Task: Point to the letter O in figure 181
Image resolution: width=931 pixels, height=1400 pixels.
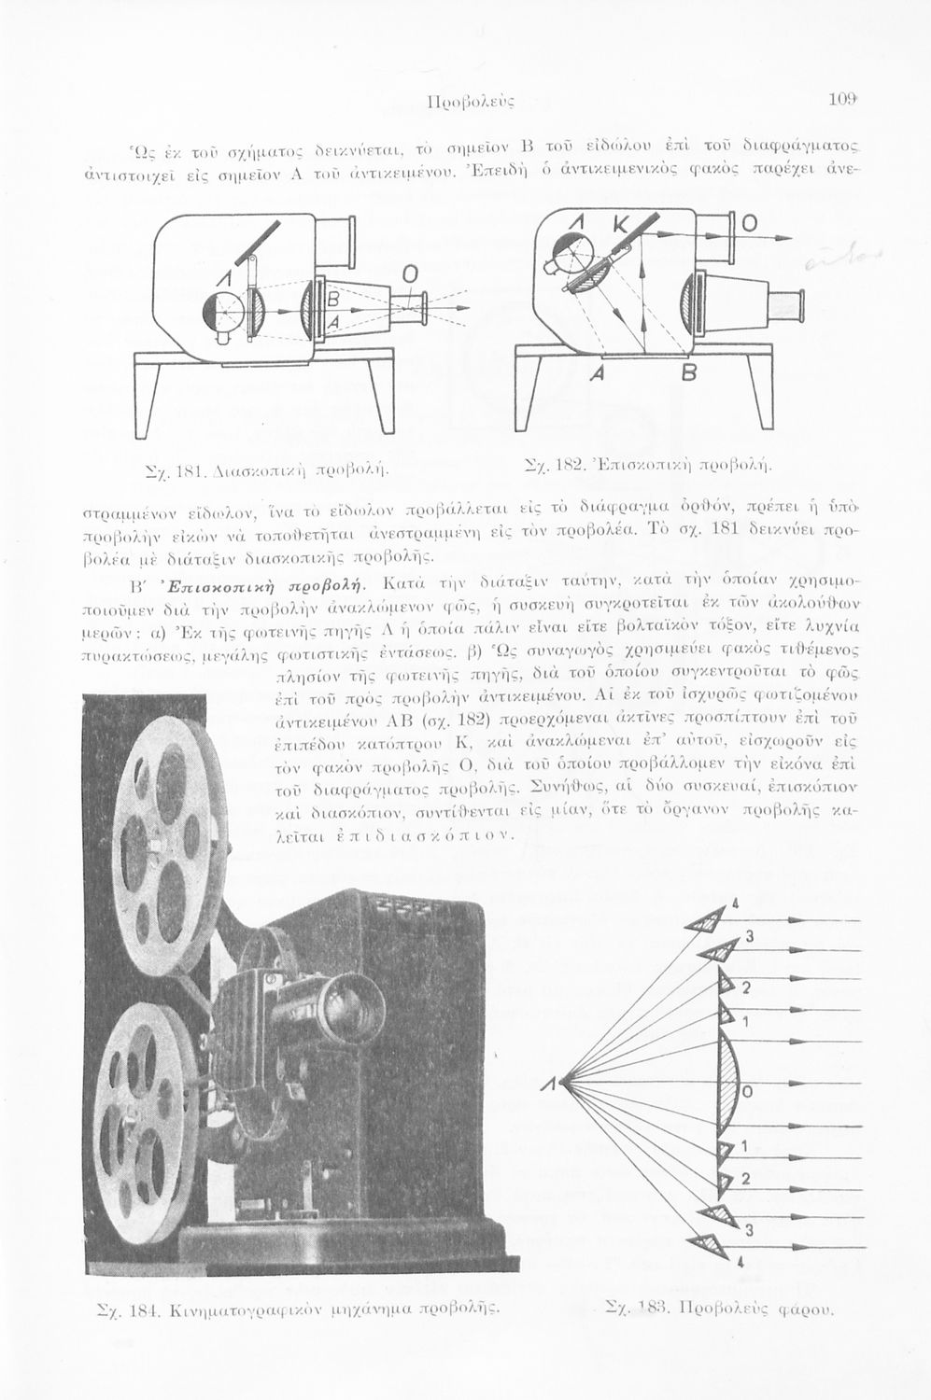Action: (x=408, y=273)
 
